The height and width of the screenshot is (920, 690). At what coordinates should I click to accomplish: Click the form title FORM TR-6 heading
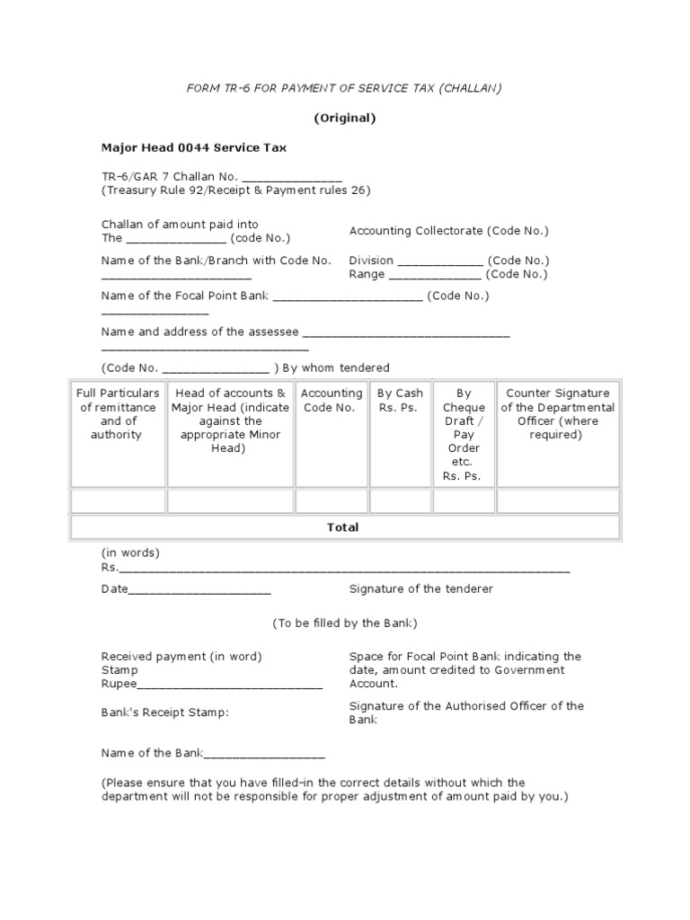pos(344,87)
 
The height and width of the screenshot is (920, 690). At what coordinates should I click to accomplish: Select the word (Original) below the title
pos(344,118)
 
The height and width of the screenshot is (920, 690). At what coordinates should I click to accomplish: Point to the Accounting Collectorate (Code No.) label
pos(448,231)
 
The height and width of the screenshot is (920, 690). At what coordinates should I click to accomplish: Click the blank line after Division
pos(439,261)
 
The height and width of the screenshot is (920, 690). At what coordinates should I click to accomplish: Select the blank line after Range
pos(441,275)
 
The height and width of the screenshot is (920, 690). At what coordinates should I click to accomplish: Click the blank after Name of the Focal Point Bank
pos(347,296)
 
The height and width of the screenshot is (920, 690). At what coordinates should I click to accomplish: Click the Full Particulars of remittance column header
pos(118,413)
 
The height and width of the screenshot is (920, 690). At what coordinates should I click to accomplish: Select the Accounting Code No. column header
pos(332,400)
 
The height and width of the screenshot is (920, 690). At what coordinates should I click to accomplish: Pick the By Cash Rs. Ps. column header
pos(400,400)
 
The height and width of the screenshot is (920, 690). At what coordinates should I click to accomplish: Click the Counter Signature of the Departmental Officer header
pos(557,413)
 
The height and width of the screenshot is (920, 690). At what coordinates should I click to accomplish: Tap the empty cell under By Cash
pos(400,500)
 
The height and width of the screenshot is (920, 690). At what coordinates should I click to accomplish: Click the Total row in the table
pos(343,527)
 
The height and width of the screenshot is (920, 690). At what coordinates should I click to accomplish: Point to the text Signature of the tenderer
pos(420,589)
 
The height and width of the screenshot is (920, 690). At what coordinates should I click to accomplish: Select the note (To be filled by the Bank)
pos(344,623)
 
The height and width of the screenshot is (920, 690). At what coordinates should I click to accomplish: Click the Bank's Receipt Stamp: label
pos(164,712)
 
